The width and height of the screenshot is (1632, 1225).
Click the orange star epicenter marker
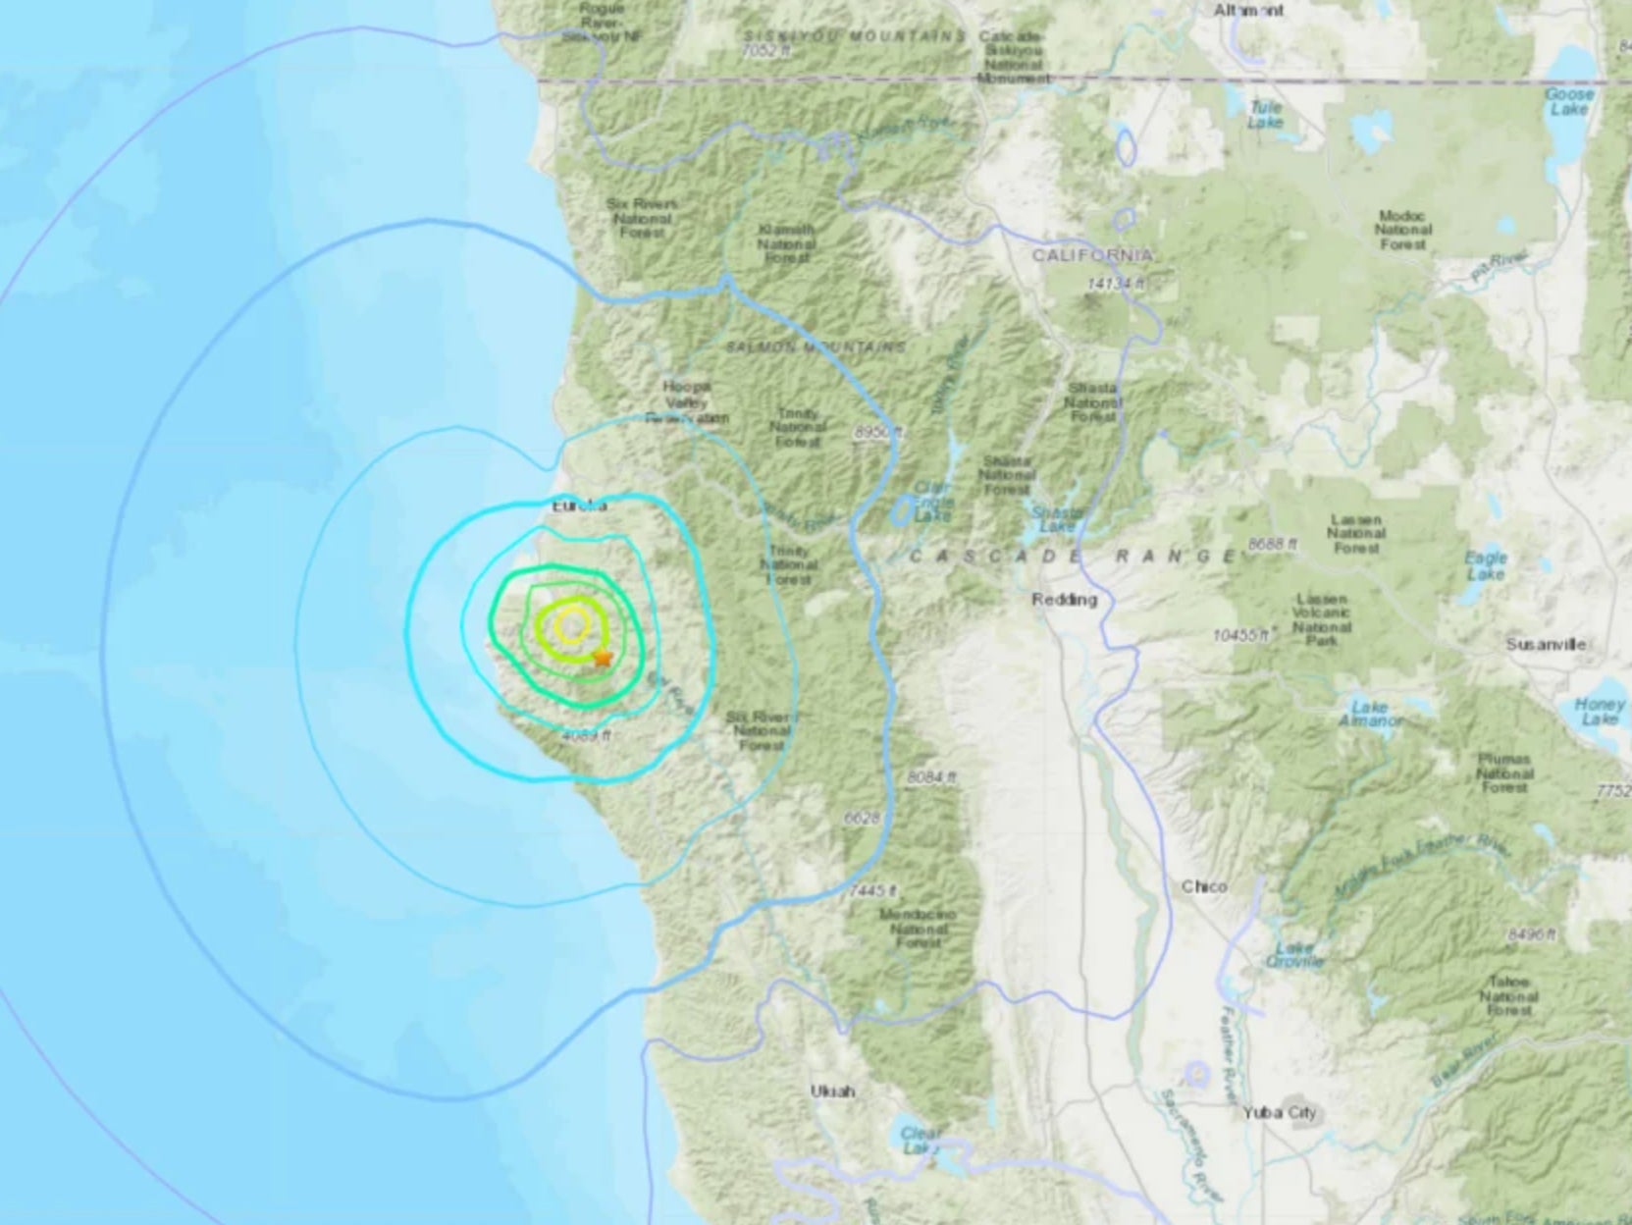pos(602,658)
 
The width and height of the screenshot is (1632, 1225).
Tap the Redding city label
pos(1064,599)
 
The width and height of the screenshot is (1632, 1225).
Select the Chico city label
pos(1204,886)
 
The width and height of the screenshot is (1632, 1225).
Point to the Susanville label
pos(1548,645)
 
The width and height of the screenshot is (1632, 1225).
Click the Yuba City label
pos(1279,1112)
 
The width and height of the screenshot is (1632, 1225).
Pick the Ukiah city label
pos(832,1091)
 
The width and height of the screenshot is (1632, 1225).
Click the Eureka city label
pos(579,506)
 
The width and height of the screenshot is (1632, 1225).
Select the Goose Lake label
pos(1569,102)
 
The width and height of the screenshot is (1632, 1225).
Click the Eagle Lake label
pos(1485,565)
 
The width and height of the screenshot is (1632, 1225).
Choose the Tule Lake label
pos(1265,115)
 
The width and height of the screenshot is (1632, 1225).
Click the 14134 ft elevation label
pos(1116,284)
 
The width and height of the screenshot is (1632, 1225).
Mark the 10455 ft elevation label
pos(1241,636)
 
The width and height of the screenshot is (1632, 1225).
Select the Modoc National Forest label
pos(1403,230)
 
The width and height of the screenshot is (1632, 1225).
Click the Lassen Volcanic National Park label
pos(1322,619)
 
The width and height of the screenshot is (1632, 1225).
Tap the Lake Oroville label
pos(1295,954)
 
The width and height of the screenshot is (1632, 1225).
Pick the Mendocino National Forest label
pos(918,928)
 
